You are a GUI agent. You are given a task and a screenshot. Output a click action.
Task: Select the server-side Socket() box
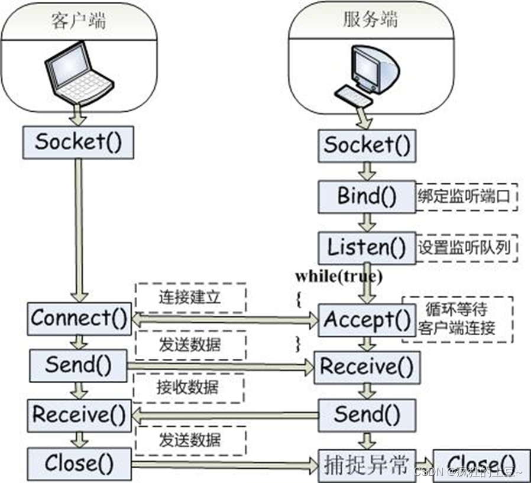tap(367, 144)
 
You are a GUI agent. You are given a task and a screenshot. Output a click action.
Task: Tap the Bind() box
tap(367, 196)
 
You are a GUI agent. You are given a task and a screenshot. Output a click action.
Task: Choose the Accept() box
tap(367, 320)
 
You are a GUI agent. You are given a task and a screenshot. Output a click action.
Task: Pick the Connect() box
tap(79, 318)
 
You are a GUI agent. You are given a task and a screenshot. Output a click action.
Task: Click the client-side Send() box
tap(79, 365)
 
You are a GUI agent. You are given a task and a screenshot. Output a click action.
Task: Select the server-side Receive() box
tap(367, 367)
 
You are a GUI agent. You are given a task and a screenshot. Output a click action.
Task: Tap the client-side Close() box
tap(79, 462)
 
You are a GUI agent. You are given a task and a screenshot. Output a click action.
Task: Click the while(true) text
tap(331, 276)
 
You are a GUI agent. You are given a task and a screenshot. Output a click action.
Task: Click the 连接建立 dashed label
tap(190, 297)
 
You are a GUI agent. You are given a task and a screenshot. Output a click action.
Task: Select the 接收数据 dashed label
tap(190, 388)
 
